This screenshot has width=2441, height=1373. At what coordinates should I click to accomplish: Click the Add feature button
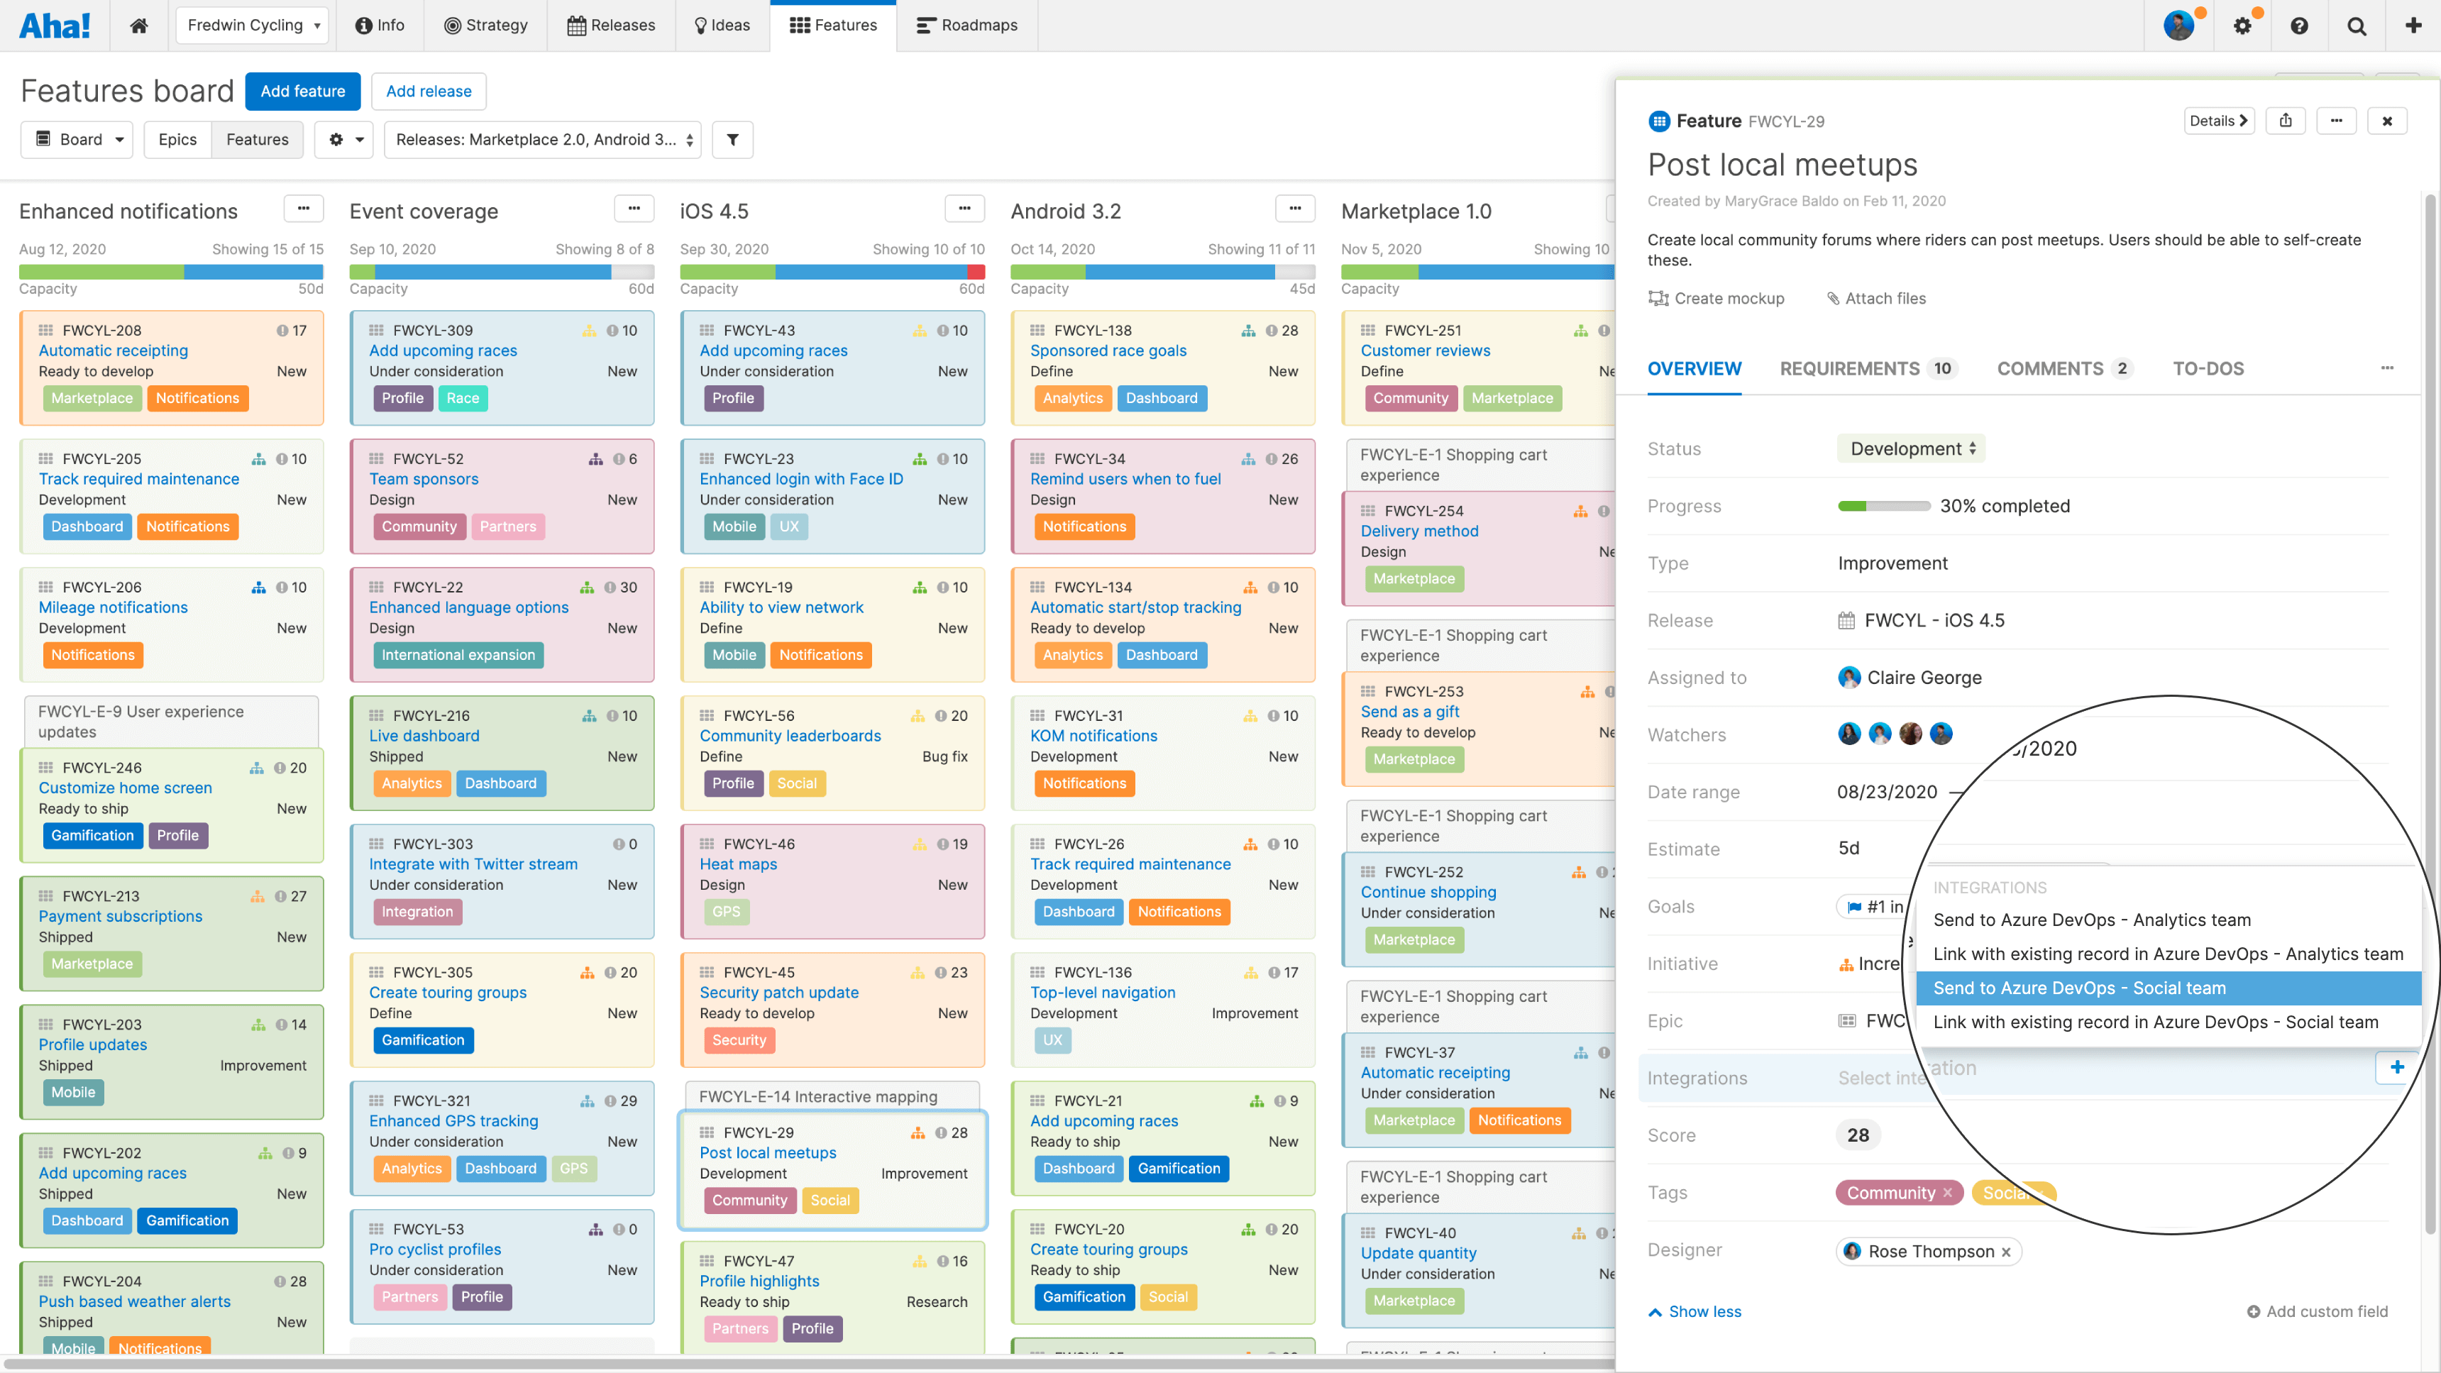(302, 91)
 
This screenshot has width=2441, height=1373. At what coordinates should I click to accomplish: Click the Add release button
(429, 91)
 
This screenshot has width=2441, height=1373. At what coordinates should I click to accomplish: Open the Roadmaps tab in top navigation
(966, 25)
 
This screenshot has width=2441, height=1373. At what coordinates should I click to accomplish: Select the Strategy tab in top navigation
(485, 25)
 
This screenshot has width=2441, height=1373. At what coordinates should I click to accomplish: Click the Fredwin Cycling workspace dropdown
(252, 25)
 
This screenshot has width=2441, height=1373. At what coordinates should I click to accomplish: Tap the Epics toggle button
(177, 139)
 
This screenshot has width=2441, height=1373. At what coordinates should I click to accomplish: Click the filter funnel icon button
(732, 139)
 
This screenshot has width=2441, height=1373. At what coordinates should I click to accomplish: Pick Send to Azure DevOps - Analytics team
(2091, 919)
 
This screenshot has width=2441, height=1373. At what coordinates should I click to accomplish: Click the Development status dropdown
(1912, 448)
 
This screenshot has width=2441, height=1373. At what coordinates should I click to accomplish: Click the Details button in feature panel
(2218, 121)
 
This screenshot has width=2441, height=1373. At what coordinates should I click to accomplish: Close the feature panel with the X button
(2387, 121)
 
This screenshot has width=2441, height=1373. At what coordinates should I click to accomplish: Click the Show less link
(1704, 1311)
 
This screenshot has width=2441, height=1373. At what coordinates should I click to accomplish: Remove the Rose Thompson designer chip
(2006, 1252)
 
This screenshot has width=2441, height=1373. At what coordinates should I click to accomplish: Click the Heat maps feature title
(737, 864)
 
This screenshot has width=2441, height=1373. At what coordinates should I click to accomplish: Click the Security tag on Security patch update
(738, 1040)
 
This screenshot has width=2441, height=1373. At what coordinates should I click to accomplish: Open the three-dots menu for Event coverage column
(633, 209)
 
